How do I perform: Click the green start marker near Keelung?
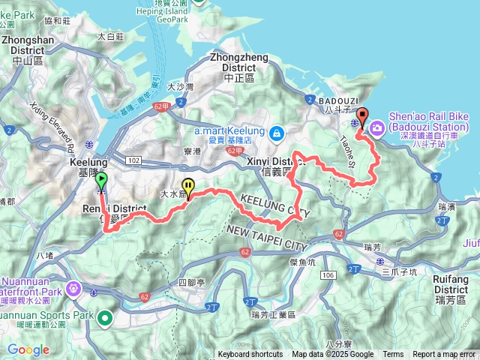pyautogui.click(x=101, y=181)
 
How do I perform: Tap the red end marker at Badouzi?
pyautogui.click(x=362, y=117)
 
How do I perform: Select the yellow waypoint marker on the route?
pyautogui.click(x=188, y=186)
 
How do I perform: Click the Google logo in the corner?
pyautogui.click(x=28, y=349)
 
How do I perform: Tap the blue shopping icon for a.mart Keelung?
pyautogui.click(x=277, y=133)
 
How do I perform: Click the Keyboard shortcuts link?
pyautogui.click(x=250, y=355)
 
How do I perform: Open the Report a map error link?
pyautogui.click(x=444, y=355)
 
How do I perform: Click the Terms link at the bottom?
pyautogui.click(x=393, y=355)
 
